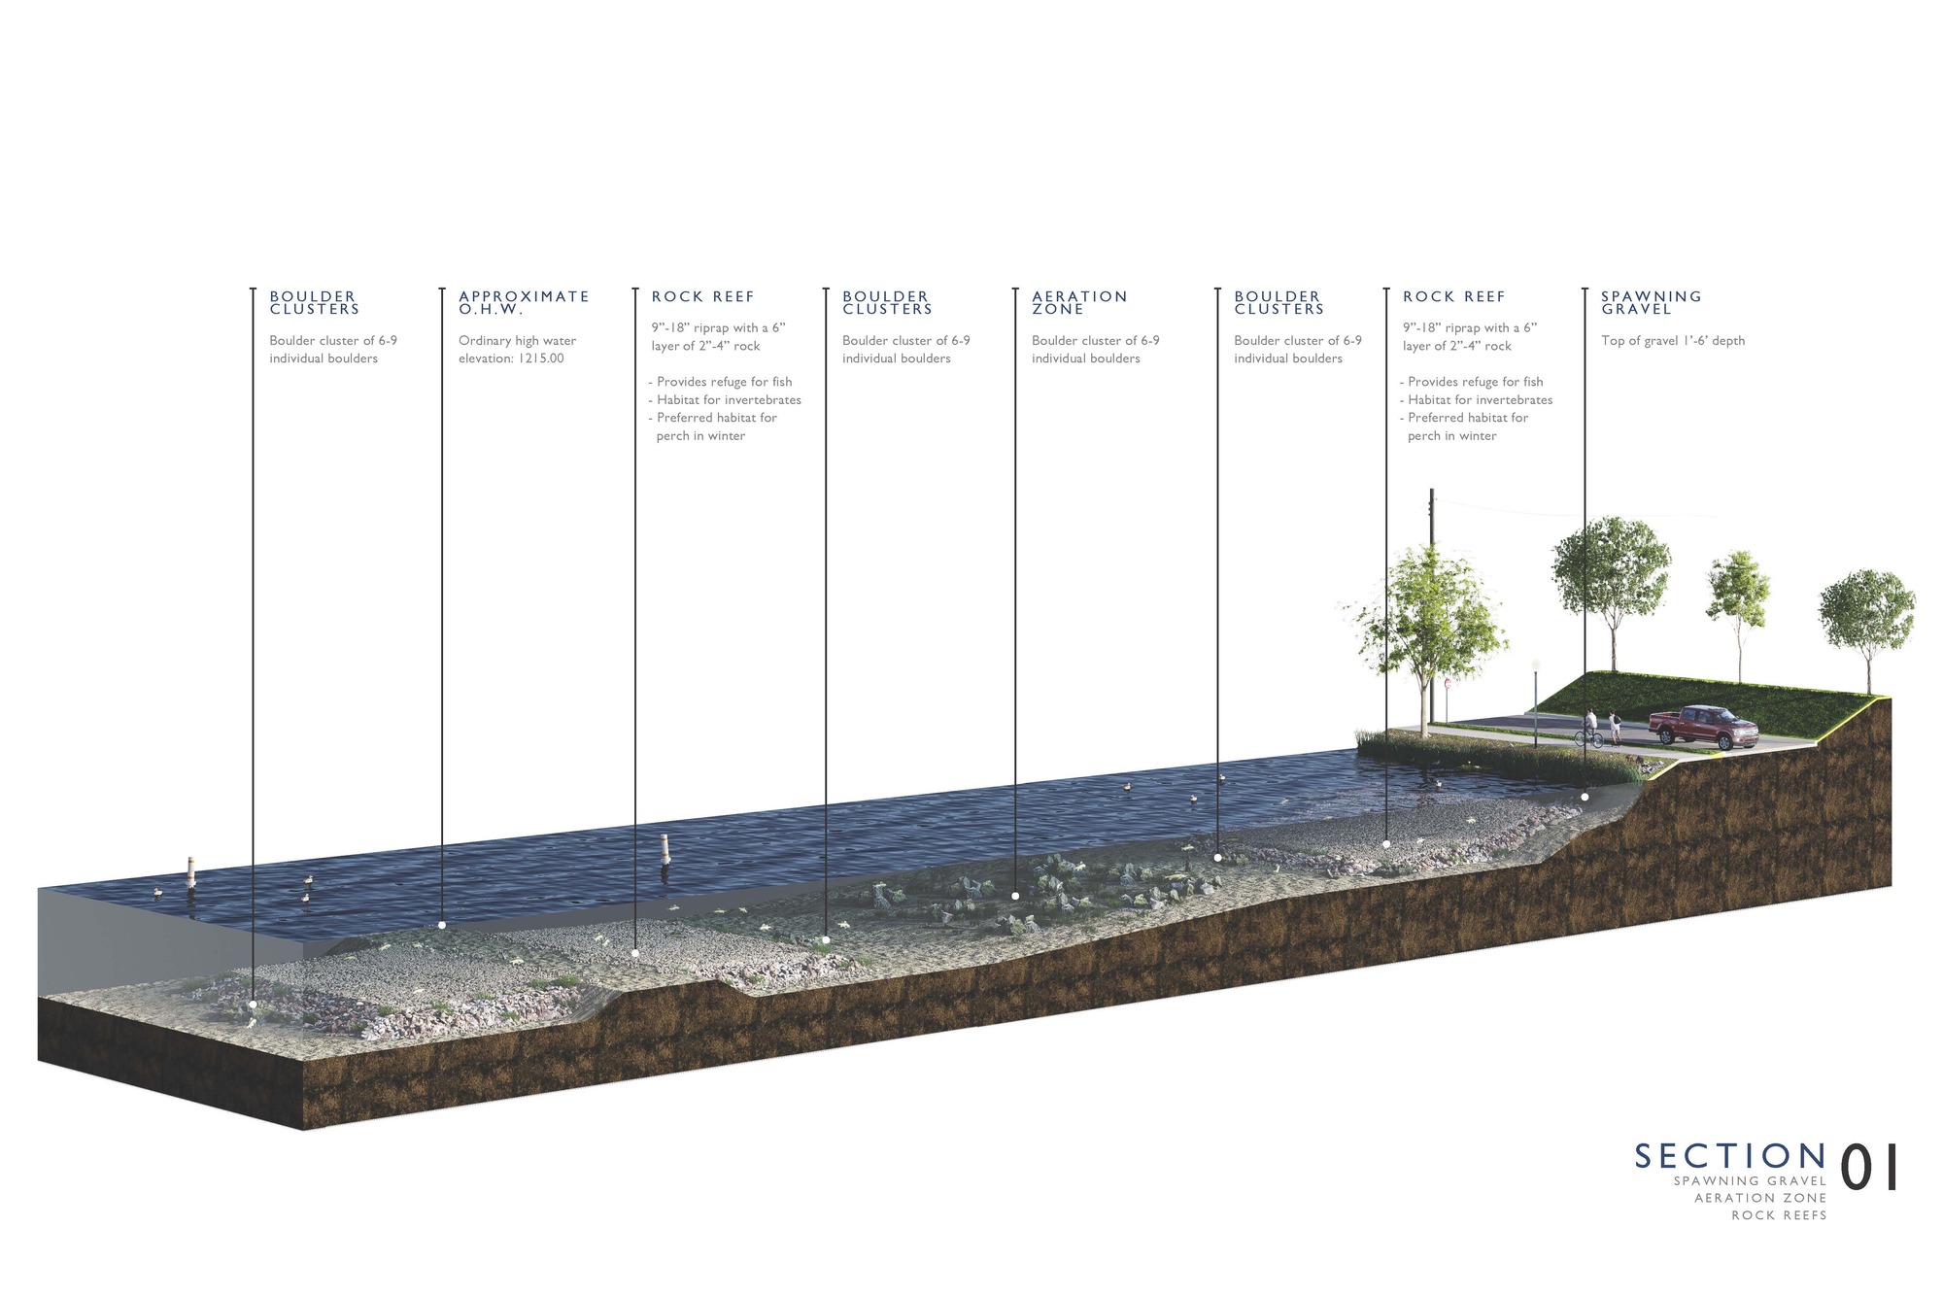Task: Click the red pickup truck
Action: tap(1702, 726)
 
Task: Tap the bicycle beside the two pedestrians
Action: tap(1589, 738)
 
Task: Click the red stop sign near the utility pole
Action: tap(1448, 684)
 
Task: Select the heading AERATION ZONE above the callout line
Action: tap(1078, 302)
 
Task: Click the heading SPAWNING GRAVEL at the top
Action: tap(1651, 302)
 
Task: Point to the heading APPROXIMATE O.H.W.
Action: tap(524, 302)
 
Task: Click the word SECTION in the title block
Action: tap(1730, 1156)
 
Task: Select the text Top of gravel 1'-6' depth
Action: tap(1673, 341)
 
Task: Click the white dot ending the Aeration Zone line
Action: tap(1015, 896)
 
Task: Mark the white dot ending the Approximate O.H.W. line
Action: tap(442, 925)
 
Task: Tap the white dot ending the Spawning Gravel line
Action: tap(1585, 797)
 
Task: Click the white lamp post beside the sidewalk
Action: tap(1536, 699)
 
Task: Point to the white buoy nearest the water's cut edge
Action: tap(191, 871)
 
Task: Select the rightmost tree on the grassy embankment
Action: tap(1865, 622)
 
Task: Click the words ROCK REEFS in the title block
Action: tap(1779, 1215)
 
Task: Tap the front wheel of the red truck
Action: tap(1726, 741)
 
